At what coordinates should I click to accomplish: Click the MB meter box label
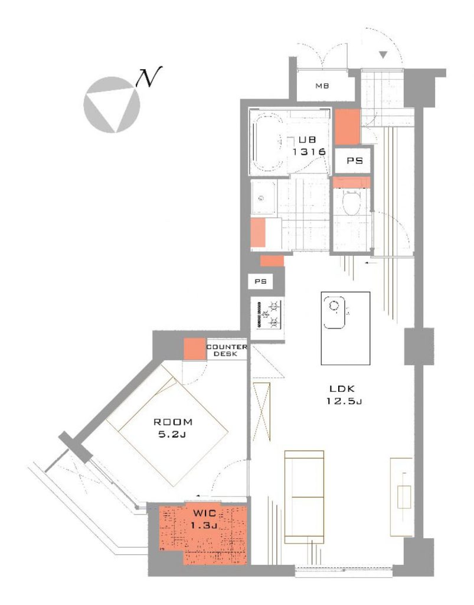click(322, 86)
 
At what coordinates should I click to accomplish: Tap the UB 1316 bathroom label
click(309, 145)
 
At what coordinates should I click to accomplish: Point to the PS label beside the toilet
click(355, 161)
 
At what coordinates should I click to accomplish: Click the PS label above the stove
click(261, 281)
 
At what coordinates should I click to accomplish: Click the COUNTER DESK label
click(227, 350)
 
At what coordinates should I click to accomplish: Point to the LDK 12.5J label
click(344, 394)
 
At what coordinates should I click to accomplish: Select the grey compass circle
click(112, 105)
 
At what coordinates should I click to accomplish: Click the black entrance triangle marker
click(383, 55)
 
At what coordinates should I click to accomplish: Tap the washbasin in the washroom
click(263, 198)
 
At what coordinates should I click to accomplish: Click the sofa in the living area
click(304, 496)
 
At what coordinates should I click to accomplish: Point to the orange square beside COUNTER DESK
click(195, 349)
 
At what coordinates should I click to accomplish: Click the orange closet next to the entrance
click(347, 127)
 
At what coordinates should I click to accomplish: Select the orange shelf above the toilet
click(351, 182)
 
